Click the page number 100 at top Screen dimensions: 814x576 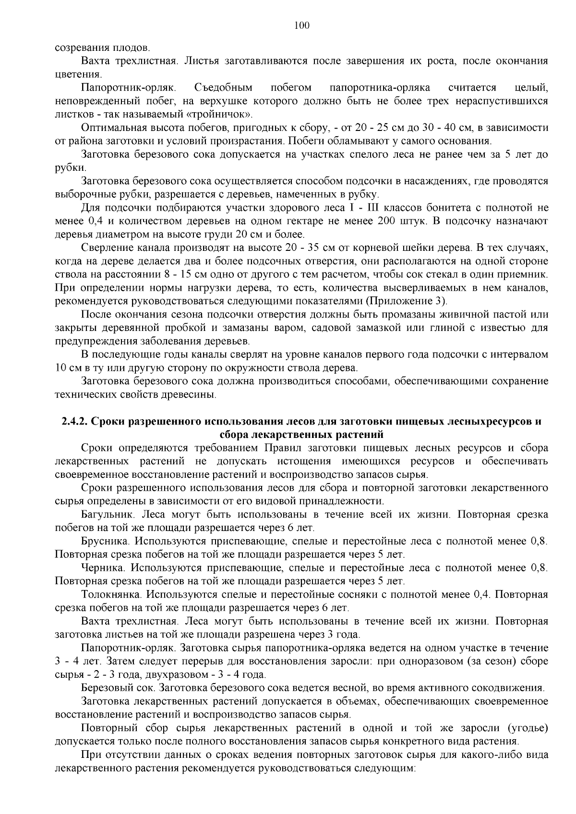point(301,25)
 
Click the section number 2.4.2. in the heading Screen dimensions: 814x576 point(74,422)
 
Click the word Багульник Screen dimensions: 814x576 point(107,515)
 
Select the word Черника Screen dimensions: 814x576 point(103,568)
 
